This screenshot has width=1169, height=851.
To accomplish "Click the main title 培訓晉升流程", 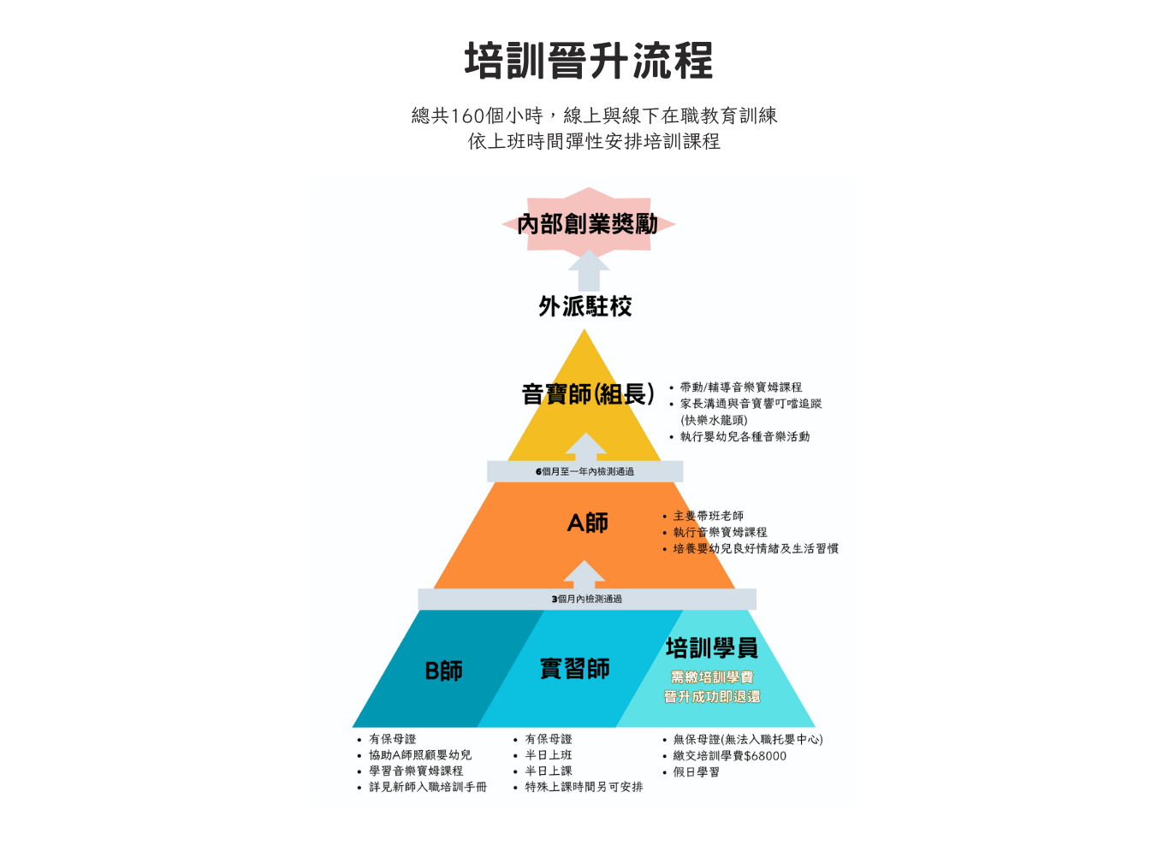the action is click(589, 61).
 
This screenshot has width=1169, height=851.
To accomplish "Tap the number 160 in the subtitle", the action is click(466, 115).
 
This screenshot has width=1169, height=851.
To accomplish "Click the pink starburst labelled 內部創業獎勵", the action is click(588, 224).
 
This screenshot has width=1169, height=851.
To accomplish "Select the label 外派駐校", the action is click(585, 306).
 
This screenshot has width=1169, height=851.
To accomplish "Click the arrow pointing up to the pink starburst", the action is click(589, 270).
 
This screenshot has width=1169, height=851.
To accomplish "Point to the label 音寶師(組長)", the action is click(588, 393).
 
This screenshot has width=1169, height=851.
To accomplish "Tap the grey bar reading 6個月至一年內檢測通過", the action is click(585, 471).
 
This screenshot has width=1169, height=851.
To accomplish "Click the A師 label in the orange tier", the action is click(588, 523).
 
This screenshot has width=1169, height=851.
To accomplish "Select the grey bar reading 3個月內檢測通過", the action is click(587, 600).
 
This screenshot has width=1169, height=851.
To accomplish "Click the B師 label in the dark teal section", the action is click(443, 671).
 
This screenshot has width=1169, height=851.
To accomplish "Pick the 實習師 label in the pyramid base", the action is click(574, 669).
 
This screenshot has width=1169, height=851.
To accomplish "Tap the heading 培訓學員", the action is click(712, 647).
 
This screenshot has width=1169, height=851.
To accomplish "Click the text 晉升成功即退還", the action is click(712, 697).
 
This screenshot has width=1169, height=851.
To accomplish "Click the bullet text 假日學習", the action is click(697, 771).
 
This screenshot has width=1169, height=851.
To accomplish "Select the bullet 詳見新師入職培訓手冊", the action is click(428, 787).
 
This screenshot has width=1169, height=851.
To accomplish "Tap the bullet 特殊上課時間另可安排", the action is click(584, 787).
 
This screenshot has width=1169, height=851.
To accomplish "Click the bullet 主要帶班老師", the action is click(709, 516).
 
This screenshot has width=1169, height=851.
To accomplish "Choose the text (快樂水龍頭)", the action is click(714, 420).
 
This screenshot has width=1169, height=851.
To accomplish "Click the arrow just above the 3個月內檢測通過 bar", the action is click(584, 575).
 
